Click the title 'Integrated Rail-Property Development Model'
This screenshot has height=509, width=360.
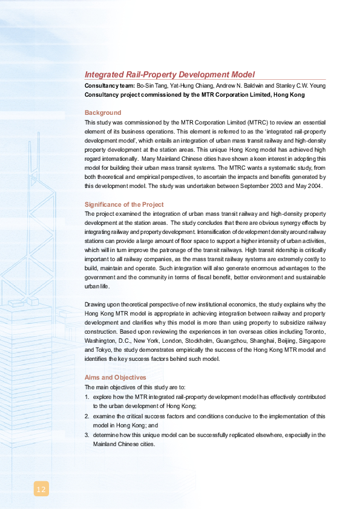coord(169,74)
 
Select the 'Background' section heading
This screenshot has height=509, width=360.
coord(103,112)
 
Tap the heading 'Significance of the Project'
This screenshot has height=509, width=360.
coord(124,204)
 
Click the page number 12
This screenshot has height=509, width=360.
coord(41,488)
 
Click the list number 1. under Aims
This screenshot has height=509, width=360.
coord(87,397)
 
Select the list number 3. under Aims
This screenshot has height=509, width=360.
coord(87,435)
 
